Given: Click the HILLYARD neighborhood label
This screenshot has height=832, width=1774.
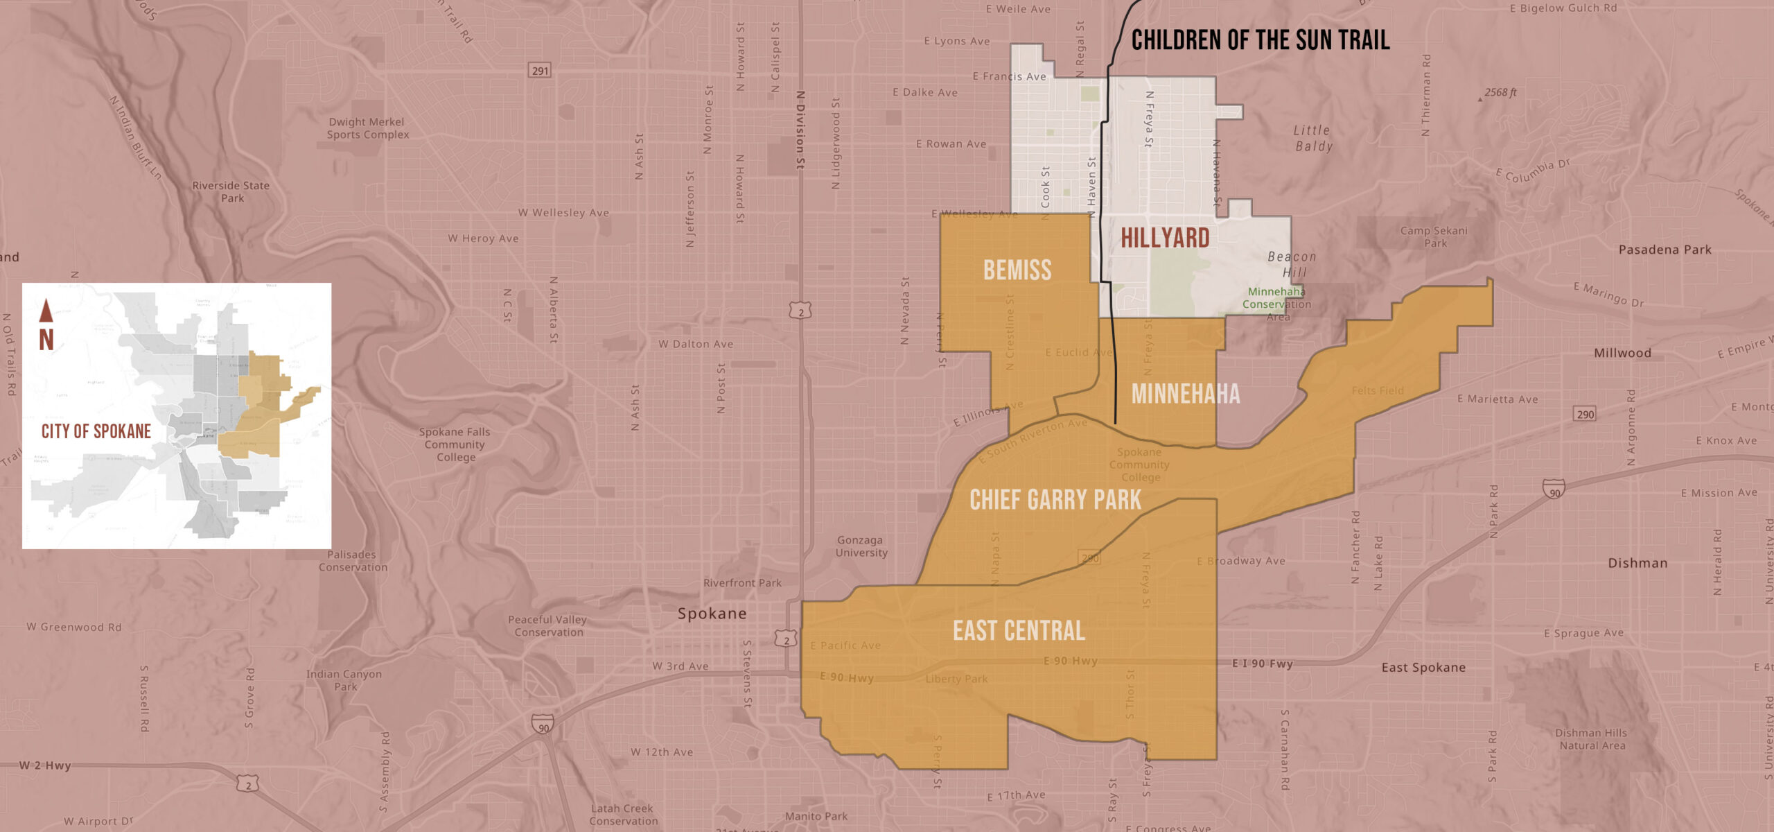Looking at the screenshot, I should [1165, 238].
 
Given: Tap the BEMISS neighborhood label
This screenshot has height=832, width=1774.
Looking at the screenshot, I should [1017, 270].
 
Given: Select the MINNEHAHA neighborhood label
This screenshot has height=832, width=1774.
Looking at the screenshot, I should [1186, 394].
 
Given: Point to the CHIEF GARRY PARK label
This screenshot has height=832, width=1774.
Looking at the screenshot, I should [1055, 499].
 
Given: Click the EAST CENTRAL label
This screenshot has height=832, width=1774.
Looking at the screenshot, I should [1019, 631].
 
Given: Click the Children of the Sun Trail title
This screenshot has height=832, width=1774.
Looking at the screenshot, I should [1260, 40].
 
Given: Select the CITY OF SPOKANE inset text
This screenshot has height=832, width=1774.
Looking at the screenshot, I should [96, 431].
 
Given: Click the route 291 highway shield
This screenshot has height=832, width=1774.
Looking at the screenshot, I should [540, 70].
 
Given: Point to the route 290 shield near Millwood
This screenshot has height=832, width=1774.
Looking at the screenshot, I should [1585, 414].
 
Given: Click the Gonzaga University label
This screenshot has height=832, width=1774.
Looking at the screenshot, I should [861, 546].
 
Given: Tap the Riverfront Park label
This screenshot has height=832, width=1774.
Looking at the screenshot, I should [742, 583].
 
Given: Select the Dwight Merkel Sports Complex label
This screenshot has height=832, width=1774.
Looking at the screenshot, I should [367, 128].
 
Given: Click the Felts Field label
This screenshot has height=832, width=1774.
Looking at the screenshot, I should [1378, 390].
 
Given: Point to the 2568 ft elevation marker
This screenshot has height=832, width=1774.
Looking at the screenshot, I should [1500, 92].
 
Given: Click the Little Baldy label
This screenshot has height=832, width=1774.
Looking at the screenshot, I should [1313, 138].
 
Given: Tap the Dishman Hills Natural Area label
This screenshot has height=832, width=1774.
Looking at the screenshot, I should [1592, 739].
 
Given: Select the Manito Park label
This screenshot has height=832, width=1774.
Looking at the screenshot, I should [816, 816].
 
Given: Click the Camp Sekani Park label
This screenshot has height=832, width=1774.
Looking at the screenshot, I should [1434, 236].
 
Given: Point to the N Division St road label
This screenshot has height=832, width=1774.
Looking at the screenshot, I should [800, 130].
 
